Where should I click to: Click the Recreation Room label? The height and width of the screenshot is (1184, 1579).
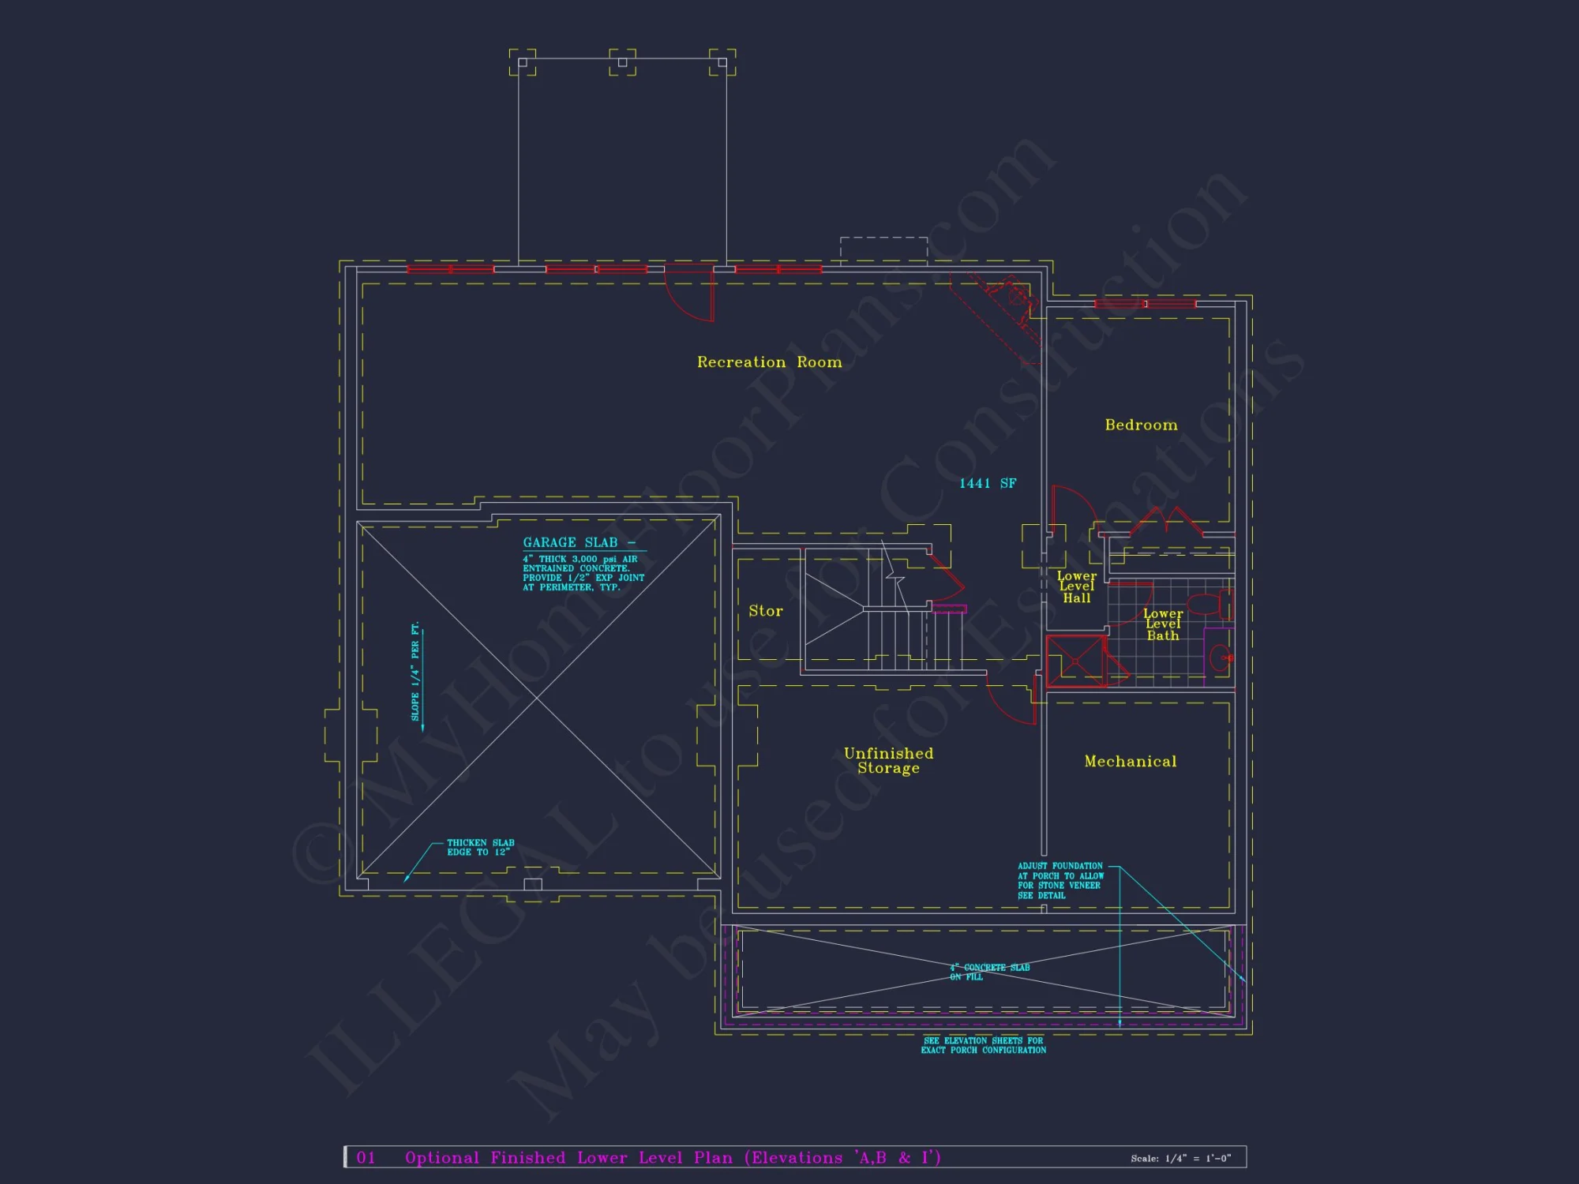pyautogui.click(x=769, y=362)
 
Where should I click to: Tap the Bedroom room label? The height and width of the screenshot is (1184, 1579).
pyautogui.click(x=1141, y=425)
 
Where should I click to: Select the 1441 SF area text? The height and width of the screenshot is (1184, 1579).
pyautogui.click(x=988, y=483)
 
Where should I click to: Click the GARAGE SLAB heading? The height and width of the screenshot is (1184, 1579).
pyautogui.click(x=571, y=543)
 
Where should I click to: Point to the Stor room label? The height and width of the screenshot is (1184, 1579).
pyautogui.click(x=765, y=611)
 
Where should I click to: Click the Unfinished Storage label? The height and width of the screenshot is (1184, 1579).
pyautogui.click(x=888, y=761)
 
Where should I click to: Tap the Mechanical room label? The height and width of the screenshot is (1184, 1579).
pyautogui.click(x=1130, y=762)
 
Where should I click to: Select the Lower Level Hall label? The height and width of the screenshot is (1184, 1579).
pyautogui.click(x=1076, y=587)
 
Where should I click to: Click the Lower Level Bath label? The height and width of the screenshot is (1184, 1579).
pyautogui.click(x=1163, y=624)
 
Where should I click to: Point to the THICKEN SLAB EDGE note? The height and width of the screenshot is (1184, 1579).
pyautogui.click(x=480, y=848)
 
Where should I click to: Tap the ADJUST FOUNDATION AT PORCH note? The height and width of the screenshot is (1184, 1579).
pyautogui.click(x=1060, y=881)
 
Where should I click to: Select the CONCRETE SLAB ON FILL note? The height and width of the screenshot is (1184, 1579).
pyautogui.click(x=990, y=972)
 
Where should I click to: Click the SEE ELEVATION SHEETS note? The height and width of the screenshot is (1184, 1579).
pyautogui.click(x=983, y=1046)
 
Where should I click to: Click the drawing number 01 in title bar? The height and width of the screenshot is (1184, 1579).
pyautogui.click(x=366, y=1158)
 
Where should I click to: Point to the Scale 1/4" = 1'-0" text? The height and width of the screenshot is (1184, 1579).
pyautogui.click(x=1180, y=1159)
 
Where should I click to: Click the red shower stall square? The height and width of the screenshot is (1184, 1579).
pyautogui.click(x=1075, y=660)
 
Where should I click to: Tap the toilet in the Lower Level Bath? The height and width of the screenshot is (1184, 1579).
pyautogui.click(x=1209, y=605)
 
